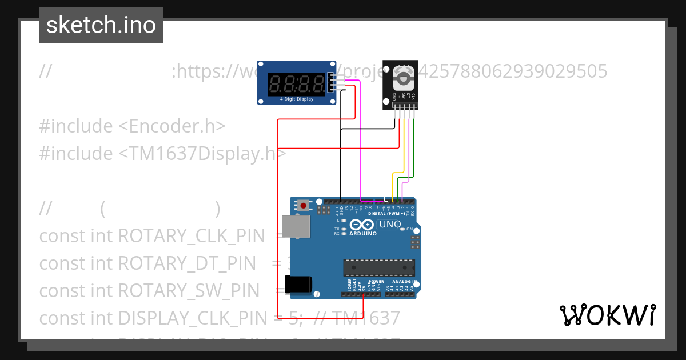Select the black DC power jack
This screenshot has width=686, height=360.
point(298,284)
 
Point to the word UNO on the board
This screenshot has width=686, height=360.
point(390,224)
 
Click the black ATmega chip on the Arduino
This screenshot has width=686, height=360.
point(378,267)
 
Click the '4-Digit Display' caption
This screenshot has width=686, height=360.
point(296,99)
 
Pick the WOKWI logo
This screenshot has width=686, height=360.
point(607,315)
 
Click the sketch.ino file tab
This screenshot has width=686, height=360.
point(101,25)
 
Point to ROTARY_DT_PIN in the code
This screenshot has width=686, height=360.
point(187,263)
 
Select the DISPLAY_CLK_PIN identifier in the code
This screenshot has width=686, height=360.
point(192,318)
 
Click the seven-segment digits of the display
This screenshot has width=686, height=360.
point(295,85)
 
